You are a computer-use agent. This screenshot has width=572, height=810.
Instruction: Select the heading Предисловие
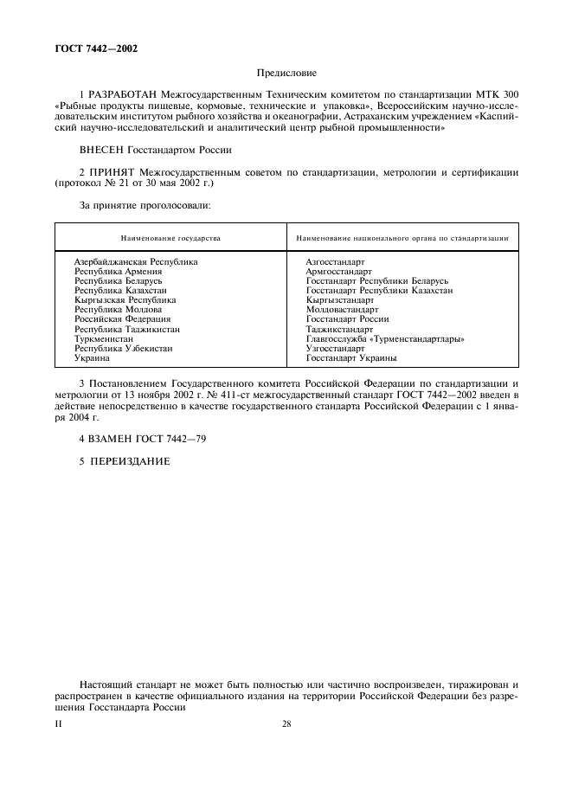(x=286, y=74)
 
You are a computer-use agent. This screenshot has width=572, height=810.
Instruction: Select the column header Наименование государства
(x=170, y=237)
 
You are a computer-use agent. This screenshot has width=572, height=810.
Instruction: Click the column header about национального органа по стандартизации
(x=402, y=237)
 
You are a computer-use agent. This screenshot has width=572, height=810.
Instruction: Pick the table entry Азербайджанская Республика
(x=136, y=261)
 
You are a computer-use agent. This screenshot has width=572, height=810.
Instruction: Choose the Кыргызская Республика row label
(x=125, y=299)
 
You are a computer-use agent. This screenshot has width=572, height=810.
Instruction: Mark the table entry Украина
(x=92, y=357)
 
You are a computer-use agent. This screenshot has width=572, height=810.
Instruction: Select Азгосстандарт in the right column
(x=335, y=261)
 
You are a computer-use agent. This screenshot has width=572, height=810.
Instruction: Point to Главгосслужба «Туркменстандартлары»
(x=385, y=338)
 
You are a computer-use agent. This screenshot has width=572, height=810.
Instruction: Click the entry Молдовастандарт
(x=342, y=309)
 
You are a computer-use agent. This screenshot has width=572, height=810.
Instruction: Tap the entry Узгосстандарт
(x=335, y=348)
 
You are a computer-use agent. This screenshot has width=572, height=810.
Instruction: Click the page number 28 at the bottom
(x=286, y=724)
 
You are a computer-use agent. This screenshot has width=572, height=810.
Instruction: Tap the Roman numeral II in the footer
(x=59, y=724)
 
